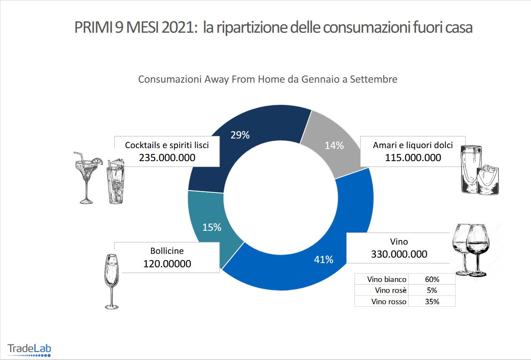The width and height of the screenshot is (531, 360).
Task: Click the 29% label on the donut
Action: tap(240, 135)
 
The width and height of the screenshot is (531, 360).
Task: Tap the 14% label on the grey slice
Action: tap(335, 146)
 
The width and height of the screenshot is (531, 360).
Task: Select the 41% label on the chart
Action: tap(324, 260)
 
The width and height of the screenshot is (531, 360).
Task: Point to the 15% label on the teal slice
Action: tap(212, 227)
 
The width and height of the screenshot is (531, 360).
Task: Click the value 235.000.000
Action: tap(167, 157)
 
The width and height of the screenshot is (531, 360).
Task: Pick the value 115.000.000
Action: tap(413, 158)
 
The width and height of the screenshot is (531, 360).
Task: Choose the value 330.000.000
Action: tap(399, 254)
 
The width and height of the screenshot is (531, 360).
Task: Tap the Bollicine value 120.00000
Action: tap(167, 263)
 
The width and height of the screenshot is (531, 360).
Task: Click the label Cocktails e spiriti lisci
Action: tap(167, 145)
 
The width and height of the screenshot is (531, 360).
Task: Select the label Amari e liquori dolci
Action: tap(413, 145)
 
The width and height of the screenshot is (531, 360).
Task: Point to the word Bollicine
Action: tap(167, 251)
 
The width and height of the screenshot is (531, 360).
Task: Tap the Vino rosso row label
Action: tap(389, 301)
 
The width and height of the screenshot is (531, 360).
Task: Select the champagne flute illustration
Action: tap(111, 281)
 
